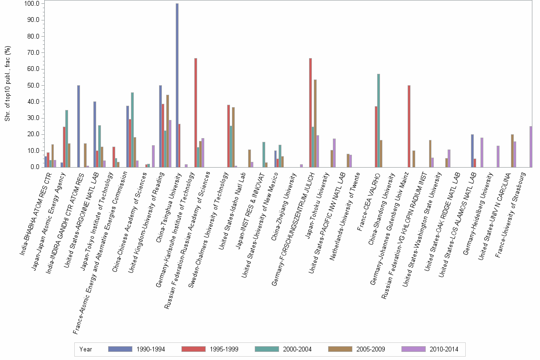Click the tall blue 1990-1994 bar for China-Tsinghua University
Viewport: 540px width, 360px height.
pos(177,86)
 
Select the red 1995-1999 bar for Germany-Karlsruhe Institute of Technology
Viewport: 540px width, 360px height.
pos(196,112)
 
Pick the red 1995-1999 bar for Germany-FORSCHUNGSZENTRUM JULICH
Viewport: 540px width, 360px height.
pos(310,112)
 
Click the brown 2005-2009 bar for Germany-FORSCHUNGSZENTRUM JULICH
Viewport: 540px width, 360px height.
pos(315,123)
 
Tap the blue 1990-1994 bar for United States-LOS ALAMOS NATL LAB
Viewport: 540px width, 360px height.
pos(472,150)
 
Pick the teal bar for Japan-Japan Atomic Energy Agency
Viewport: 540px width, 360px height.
pos(67,139)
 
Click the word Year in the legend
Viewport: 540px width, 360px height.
pos(86,350)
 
